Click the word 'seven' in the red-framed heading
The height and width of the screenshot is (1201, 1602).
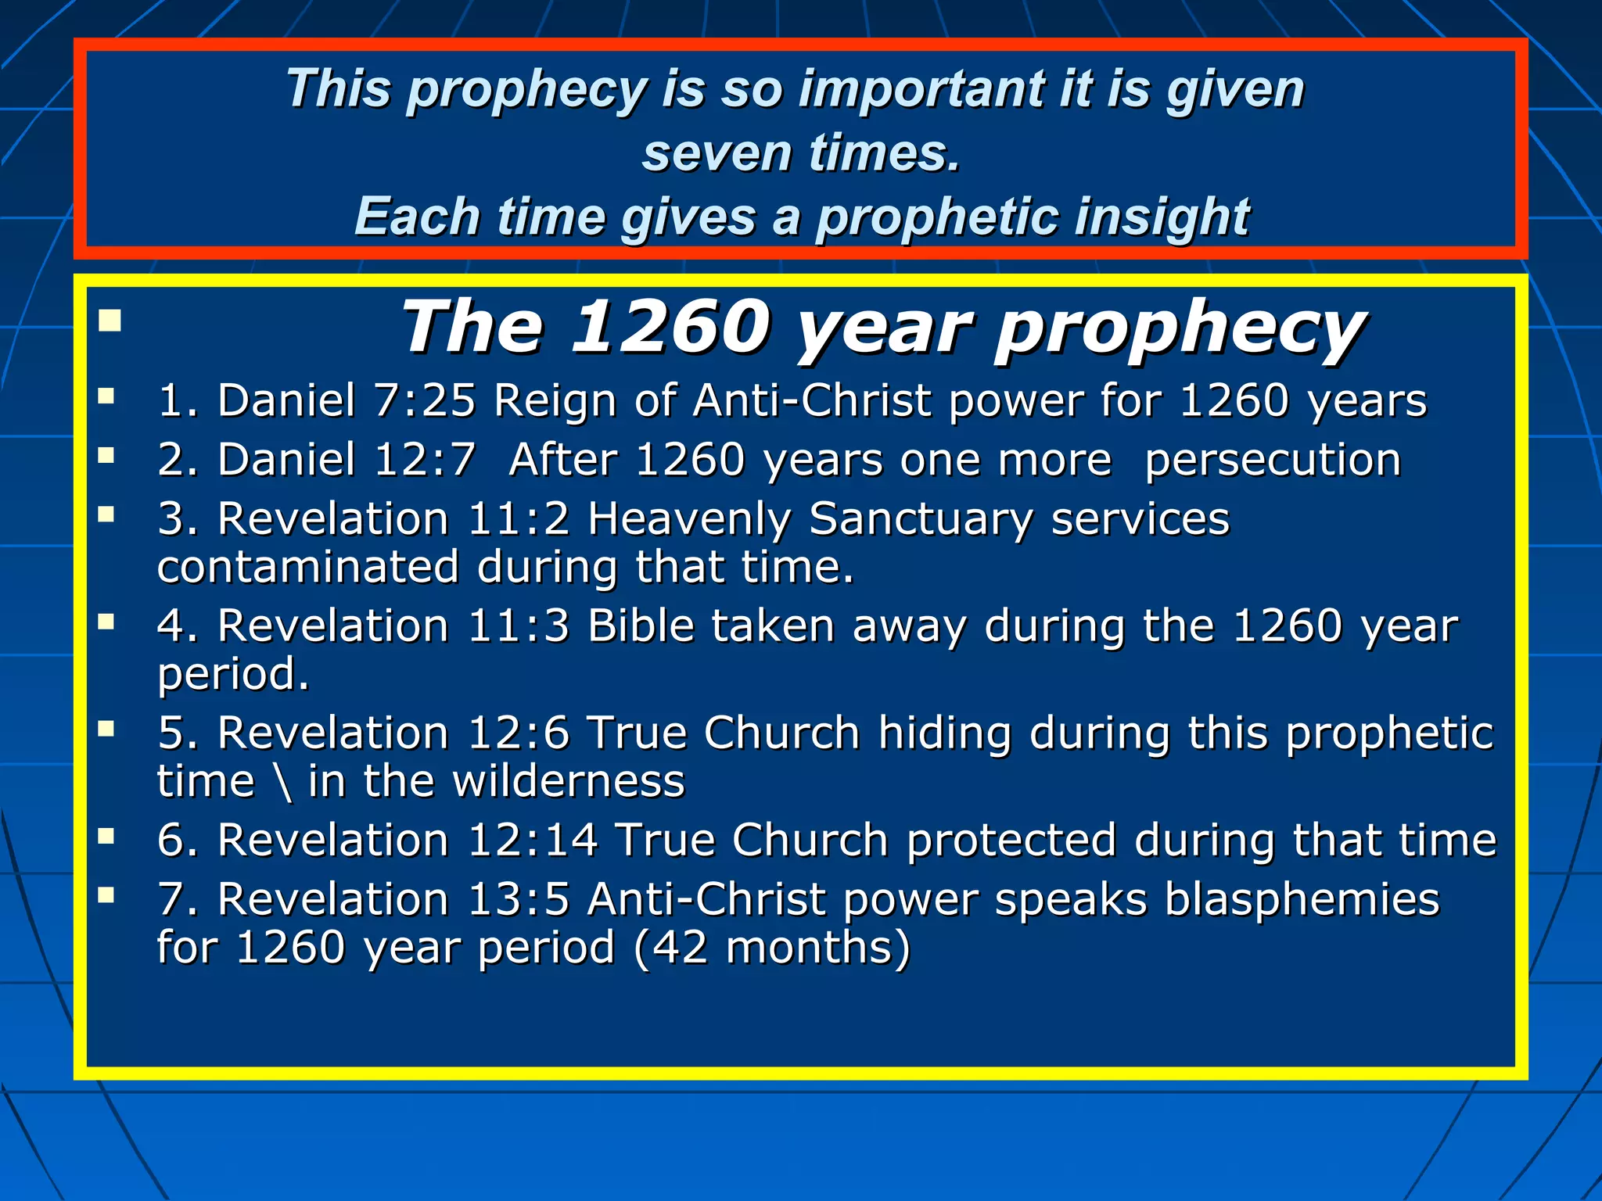[x=715, y=152]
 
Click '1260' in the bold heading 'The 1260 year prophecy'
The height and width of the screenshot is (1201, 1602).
[x=671, y=328]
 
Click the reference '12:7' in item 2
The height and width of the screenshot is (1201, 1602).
[x=425, y=459]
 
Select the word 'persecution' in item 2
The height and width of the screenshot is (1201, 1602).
[x=1273, y=460]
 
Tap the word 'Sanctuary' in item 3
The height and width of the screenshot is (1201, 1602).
[x=921, y=518]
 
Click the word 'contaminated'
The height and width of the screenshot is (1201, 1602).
[x=307, y=567]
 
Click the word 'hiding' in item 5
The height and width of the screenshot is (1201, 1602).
[x=945, y=733]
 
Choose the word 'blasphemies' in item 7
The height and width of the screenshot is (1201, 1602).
[x=1302, y=899]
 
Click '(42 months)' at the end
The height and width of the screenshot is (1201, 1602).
[x=771, y=948]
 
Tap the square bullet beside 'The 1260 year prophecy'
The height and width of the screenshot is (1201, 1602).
[x=110, y=321]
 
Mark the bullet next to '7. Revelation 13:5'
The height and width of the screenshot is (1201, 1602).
[x=106, y=895]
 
